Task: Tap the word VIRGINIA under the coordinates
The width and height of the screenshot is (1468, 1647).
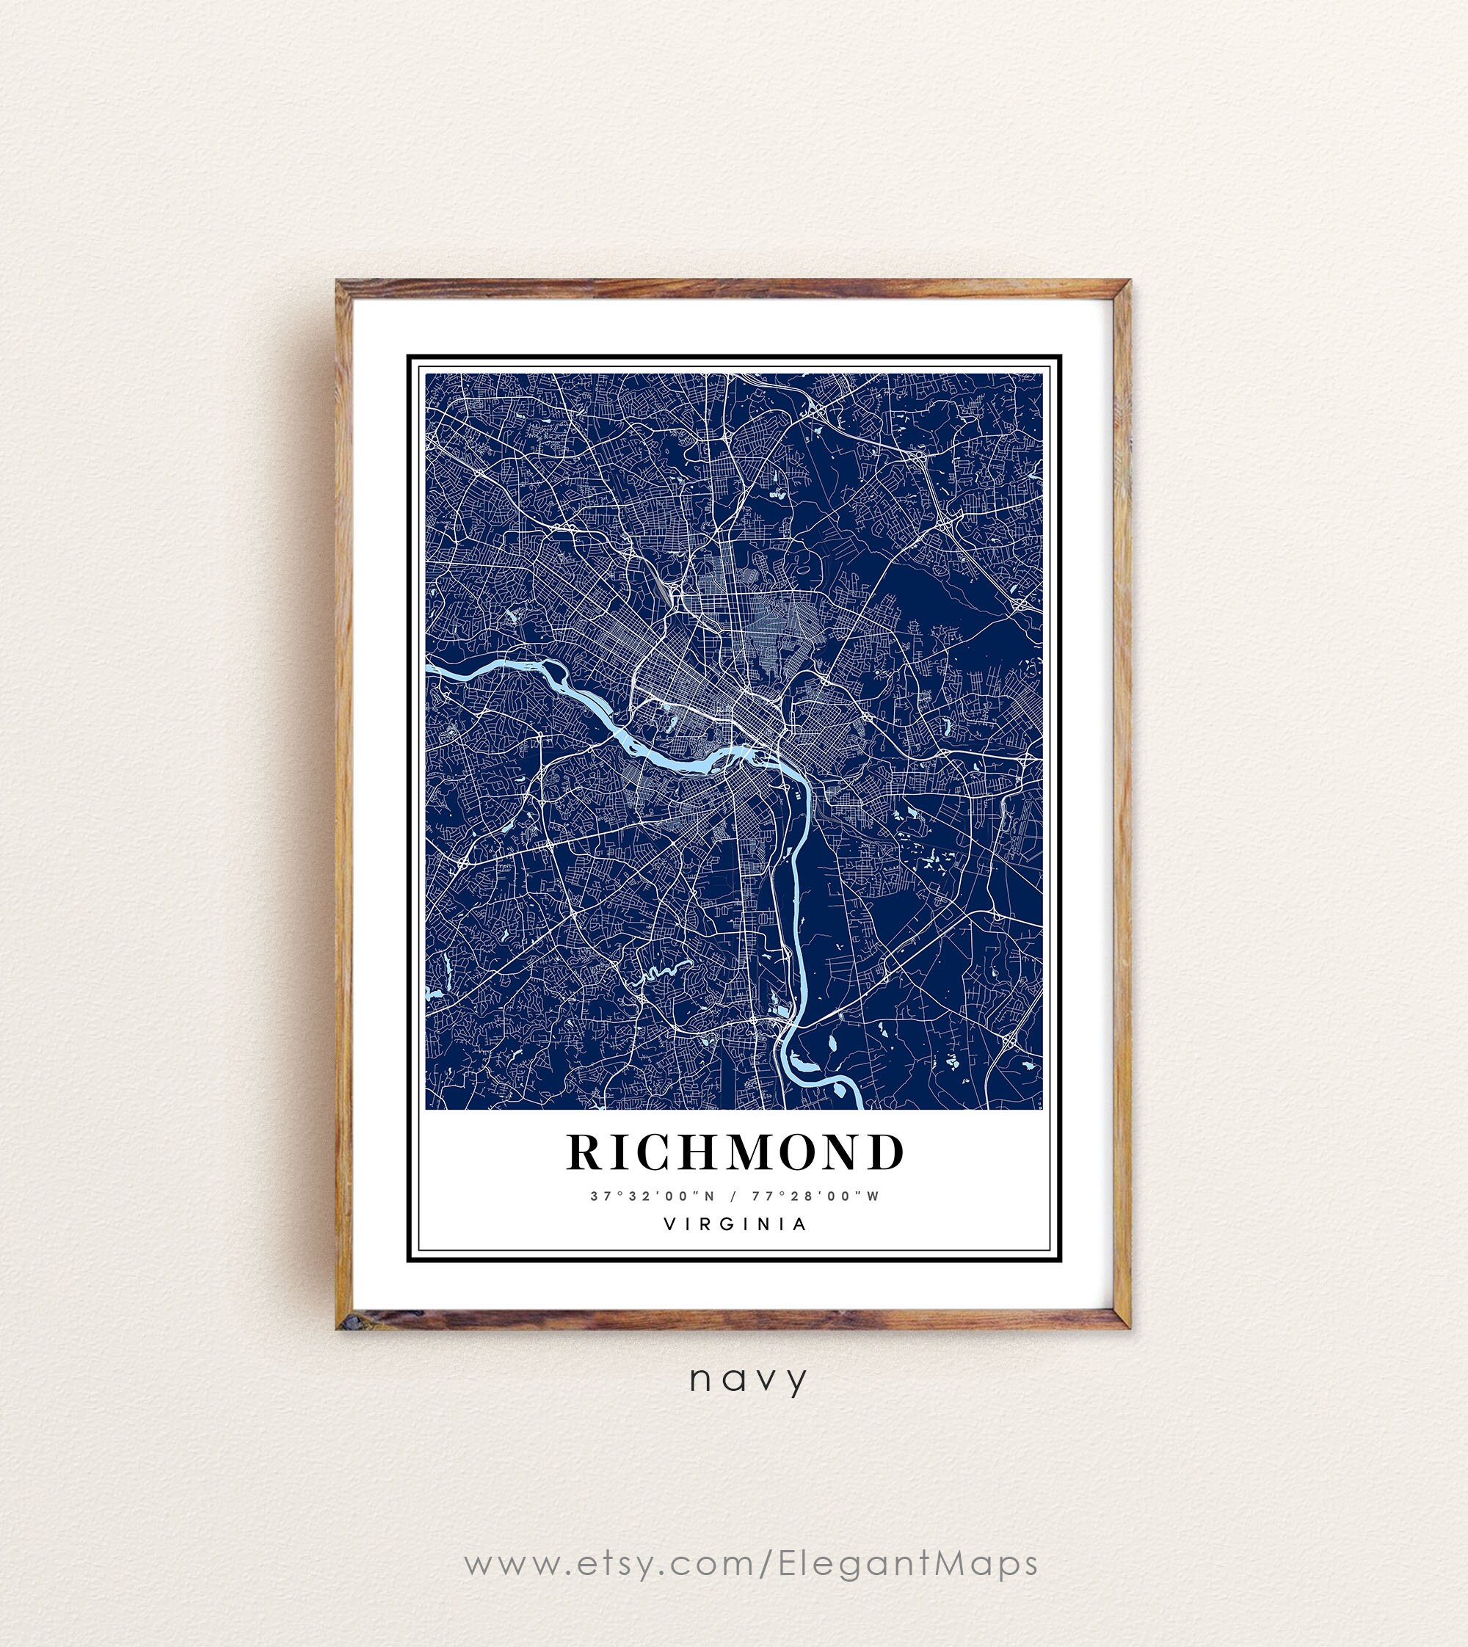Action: [x=734, y=1224]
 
